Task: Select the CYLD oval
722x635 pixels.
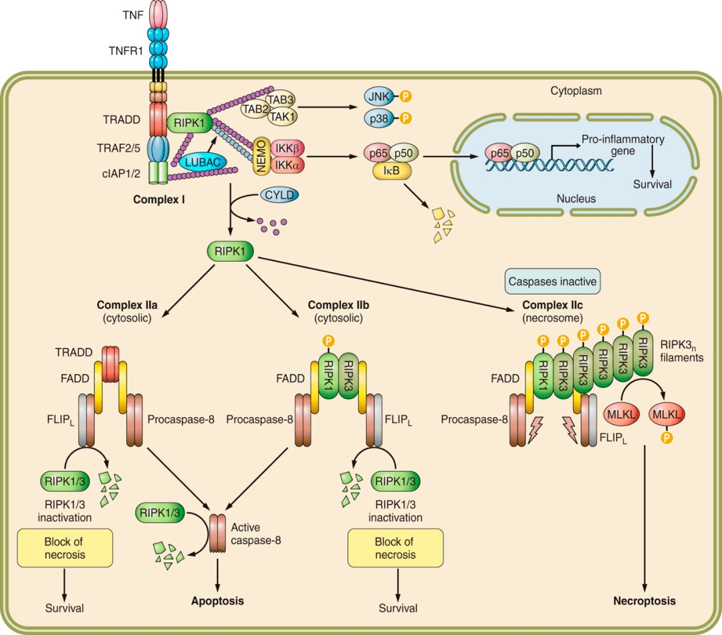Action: point(279,195)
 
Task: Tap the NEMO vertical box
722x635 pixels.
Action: point(261,154)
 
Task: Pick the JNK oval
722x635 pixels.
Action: point(378,97)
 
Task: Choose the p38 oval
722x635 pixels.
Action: point(378,119)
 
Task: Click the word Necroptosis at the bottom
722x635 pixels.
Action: point(644,601)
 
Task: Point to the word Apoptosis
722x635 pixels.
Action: point(217,601)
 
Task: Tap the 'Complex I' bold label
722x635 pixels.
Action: point(159,199)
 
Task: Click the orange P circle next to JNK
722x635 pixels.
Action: point(405,97)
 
